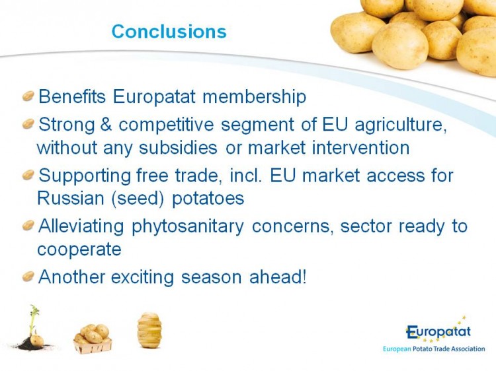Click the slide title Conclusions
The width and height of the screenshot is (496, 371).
[169, 32]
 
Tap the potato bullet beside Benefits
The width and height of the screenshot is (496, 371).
[28, 96]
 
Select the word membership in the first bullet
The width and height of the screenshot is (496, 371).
[255, 96]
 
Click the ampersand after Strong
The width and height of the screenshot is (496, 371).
[106, 124]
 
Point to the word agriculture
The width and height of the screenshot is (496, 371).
[401, 125]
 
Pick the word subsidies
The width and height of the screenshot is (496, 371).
[178, 147]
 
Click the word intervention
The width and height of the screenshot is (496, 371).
[360, 147]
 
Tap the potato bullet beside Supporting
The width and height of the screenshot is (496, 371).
[28, 174]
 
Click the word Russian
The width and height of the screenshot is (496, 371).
[71, 198]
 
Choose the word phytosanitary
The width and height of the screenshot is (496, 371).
[188, 226]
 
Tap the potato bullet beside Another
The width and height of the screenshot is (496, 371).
[28, 277]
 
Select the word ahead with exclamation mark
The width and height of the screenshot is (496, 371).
[278, 277]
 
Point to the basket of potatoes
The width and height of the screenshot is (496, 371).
[93, 339]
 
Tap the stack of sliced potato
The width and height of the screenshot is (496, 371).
[149, 330]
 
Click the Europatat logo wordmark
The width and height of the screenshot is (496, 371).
[438, 331]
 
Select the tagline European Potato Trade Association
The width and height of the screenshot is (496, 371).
[434, 349]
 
